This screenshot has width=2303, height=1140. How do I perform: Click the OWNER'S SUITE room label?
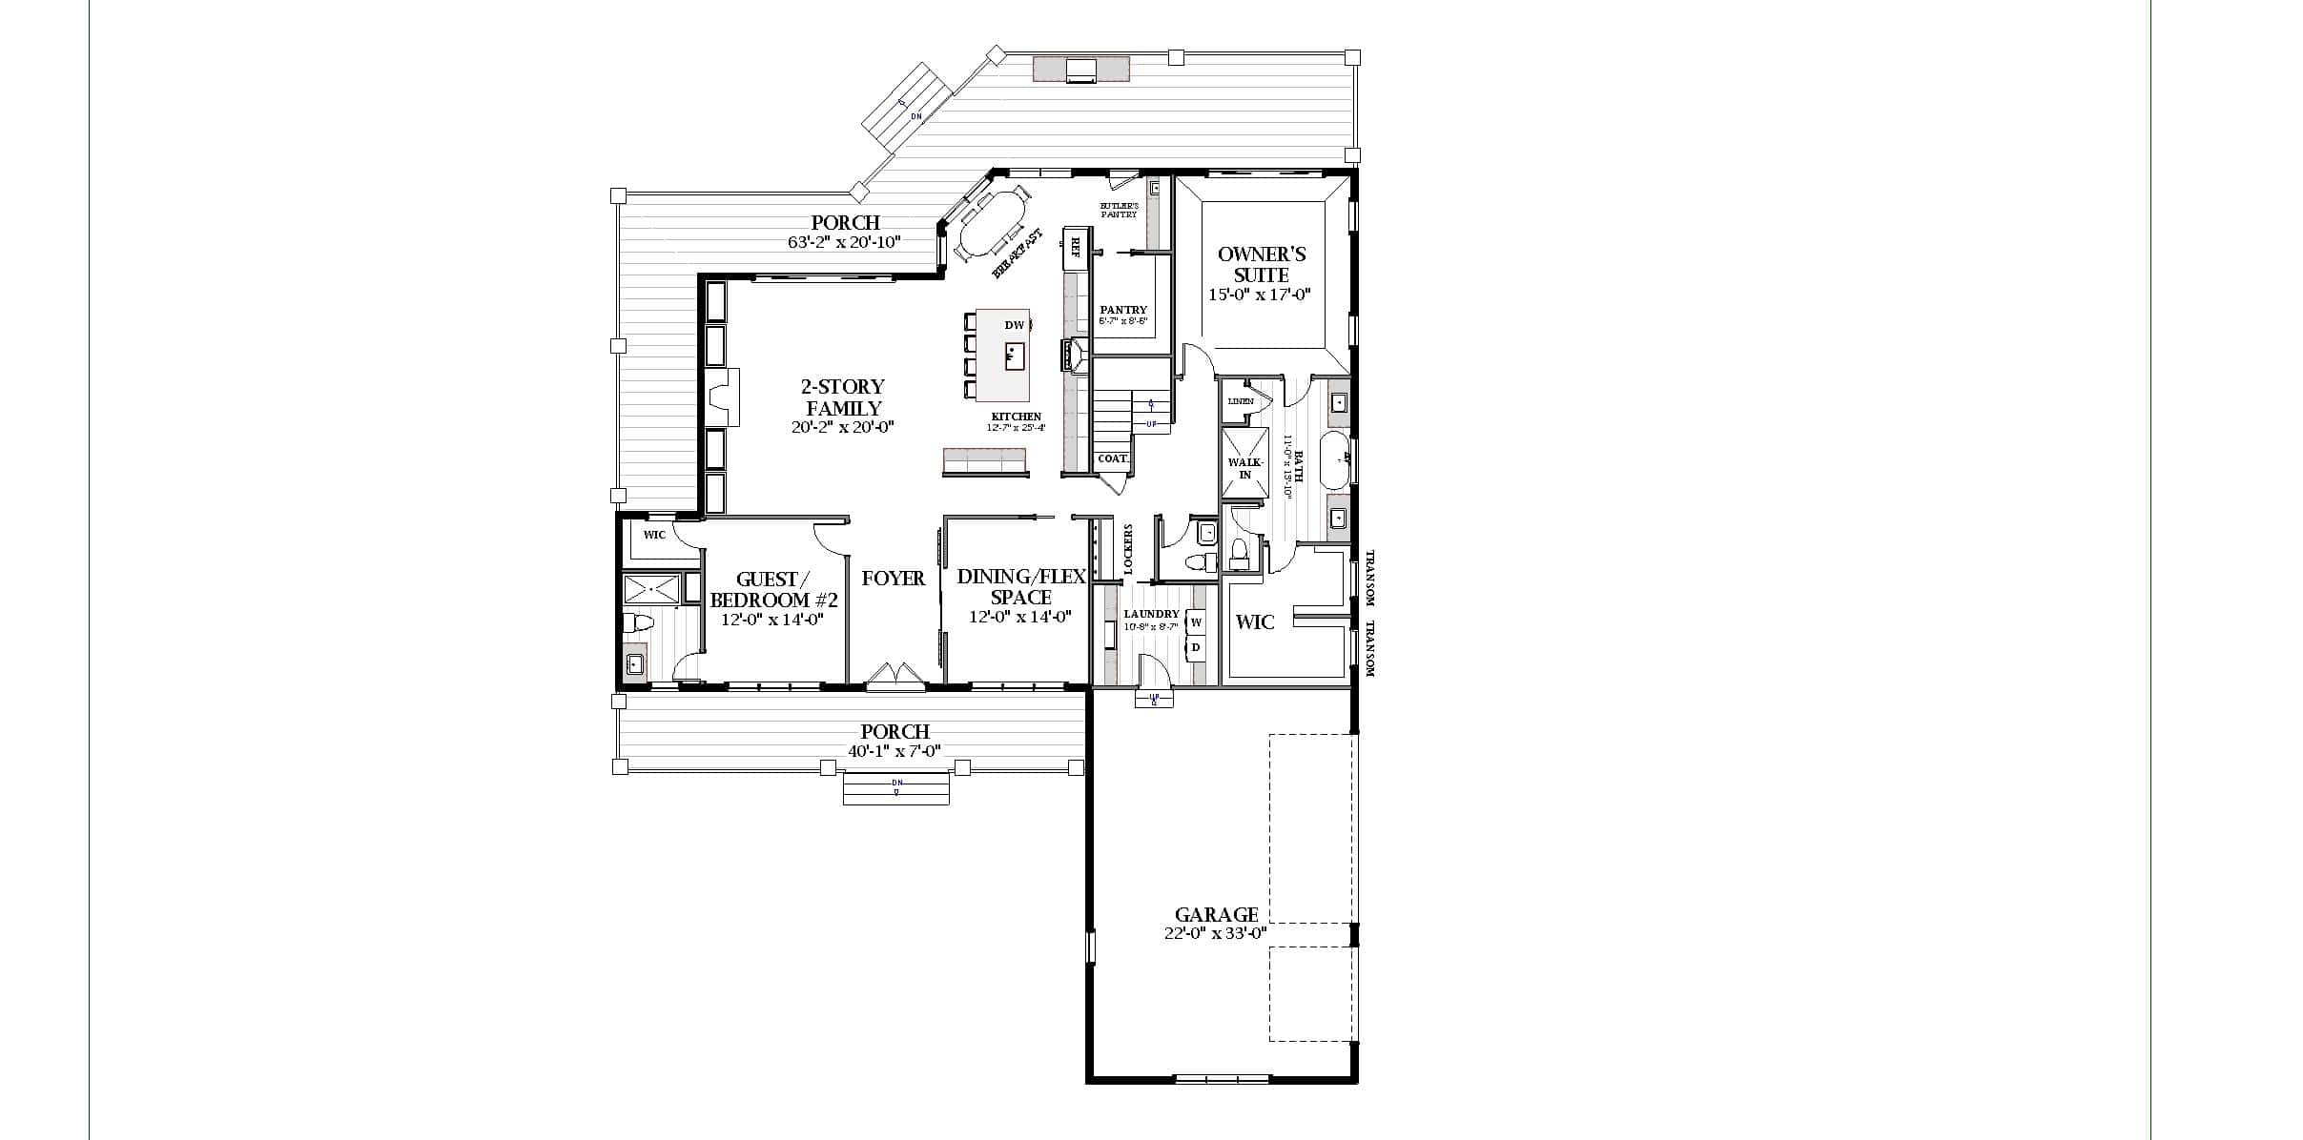click(x=1262, y=264)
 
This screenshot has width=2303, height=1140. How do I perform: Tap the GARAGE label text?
click(x=1216, y=914)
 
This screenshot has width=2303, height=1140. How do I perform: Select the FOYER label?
click(x=894, y=579)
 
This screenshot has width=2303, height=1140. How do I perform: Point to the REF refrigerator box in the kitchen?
click(x=1076, y=248)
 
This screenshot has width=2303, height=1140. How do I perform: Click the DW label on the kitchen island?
click(x=1013, y=325)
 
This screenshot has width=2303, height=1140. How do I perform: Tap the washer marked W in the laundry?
click(x=1196, y=621)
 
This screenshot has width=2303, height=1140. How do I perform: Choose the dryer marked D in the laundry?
click(x=1196, y=648)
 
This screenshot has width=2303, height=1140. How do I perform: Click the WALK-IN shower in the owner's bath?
click(x=1245, y=464)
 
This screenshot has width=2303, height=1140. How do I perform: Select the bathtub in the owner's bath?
click(x=1336, y=459)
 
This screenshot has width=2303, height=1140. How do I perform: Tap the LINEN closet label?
click(x=1241, y=401)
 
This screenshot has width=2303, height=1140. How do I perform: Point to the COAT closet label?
click(x=1112, y=458)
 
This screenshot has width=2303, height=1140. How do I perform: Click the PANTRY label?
click(x=1123, y=310)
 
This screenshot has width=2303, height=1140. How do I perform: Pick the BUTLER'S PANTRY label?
click(x=1120, y=210)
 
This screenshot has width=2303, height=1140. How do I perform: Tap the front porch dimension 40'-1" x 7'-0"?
click(x=894, y=751)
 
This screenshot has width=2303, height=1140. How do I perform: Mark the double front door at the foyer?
click(x=894, y=676)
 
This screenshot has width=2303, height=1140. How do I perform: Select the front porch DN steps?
click(x=896, y=788)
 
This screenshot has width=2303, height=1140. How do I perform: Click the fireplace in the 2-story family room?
click(x=721, y=397)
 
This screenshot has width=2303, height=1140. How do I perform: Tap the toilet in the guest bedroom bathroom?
click(x=637, y=623)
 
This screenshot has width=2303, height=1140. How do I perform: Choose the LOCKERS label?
click(x=1127, y=549)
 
